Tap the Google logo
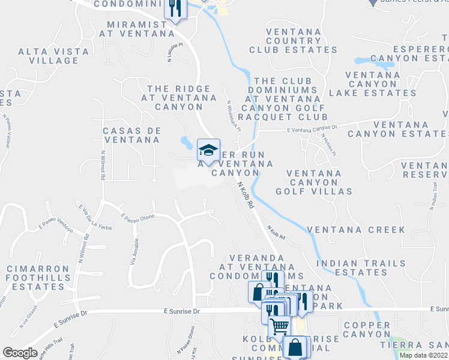[20, 353]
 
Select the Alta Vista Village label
[49, 56]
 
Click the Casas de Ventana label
[131, 135]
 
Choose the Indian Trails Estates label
[352, 268]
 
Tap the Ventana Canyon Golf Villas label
[314, 182]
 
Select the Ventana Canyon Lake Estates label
[372, 84]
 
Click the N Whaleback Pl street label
[234, 116]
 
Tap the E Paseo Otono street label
[137, 217]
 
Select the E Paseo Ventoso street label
[56, 225]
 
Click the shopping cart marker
[279, 326]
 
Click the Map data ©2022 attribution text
[423, 355]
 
